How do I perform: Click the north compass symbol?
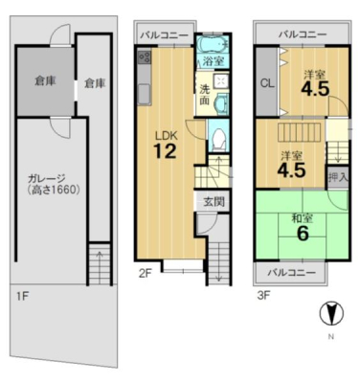[x=331, y=313]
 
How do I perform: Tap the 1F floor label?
[x=23, y=297]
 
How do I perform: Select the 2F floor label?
[x=146, y=273]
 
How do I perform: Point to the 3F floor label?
[x=264, y=296]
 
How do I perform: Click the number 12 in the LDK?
[x=165, y=151]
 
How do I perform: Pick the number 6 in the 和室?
[x=303, y=234]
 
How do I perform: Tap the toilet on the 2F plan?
[x=218, y=140]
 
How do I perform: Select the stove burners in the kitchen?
[x=145, y=57]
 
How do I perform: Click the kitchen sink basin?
[x=145, y=94]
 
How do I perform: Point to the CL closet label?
[x=267, y=83]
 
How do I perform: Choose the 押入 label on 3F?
[x=338, y=177]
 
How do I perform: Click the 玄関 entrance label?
[x=214, y=201]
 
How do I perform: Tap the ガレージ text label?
[x=46, y=178]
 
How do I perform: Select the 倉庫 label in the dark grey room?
[x=46, y=81]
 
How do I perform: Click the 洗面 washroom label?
[x=204, y=95]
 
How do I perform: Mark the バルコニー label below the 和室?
[x=291, y=272]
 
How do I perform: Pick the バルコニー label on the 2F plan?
[x=165, y=34]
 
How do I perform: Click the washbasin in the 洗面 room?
[x=220, y=104]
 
